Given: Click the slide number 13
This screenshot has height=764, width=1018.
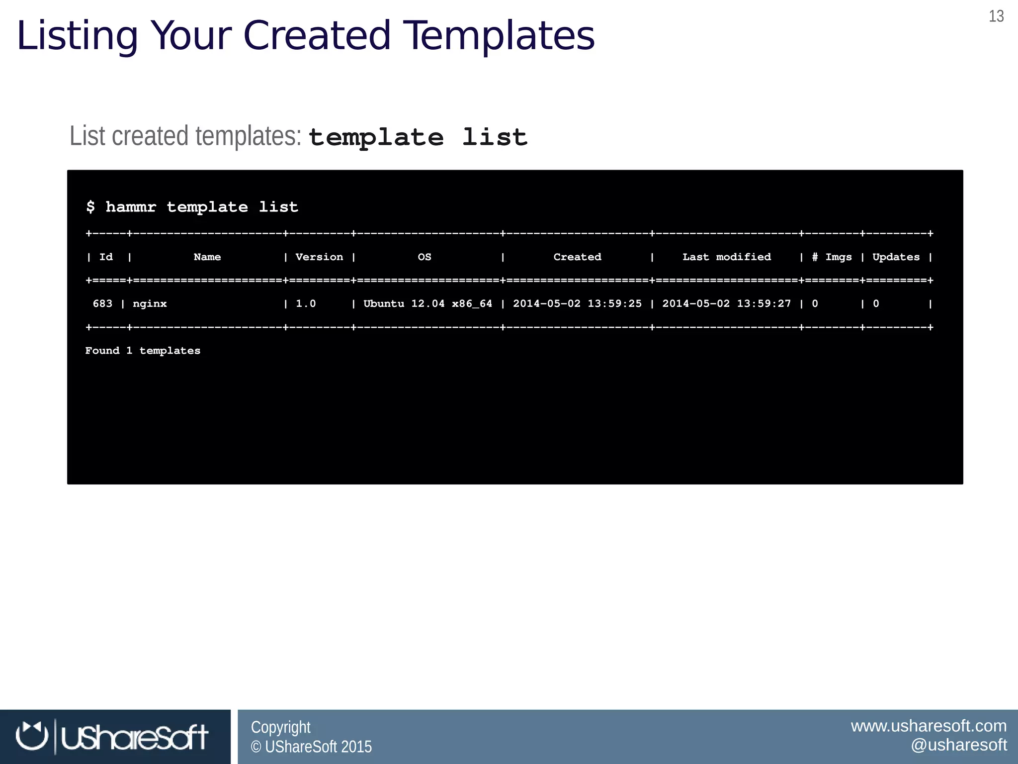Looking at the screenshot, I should pos(996,16).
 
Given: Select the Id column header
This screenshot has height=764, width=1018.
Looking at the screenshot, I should pos(106,257).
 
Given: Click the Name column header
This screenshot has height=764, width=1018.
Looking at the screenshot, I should pos(207,257).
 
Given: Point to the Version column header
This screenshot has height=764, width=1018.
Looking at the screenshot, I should pos(319,257).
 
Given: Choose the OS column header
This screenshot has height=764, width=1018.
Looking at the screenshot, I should pos(424,257).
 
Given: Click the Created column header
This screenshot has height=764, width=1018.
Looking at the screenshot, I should pos(577,257).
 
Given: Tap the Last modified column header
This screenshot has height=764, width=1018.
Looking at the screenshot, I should pos(726,257).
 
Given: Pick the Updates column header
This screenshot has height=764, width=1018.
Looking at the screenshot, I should pos(896,257).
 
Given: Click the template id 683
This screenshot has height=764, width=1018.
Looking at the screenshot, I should pos(102,304).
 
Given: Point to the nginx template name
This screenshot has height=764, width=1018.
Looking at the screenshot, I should pos(150,304).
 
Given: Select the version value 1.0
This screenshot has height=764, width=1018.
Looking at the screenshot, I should pos(306,304).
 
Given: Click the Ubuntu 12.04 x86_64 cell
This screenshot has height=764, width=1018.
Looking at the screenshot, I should pos(427,304).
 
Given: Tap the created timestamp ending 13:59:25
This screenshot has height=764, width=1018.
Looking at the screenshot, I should pos(577,304).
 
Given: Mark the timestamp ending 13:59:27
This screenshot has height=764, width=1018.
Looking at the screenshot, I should pos(726,304).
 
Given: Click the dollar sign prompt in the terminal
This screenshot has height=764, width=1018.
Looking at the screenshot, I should pos(90,206).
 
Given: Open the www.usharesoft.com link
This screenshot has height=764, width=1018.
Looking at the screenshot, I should pos(929,726).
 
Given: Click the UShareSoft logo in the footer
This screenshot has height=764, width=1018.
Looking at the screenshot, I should pos(112,737).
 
